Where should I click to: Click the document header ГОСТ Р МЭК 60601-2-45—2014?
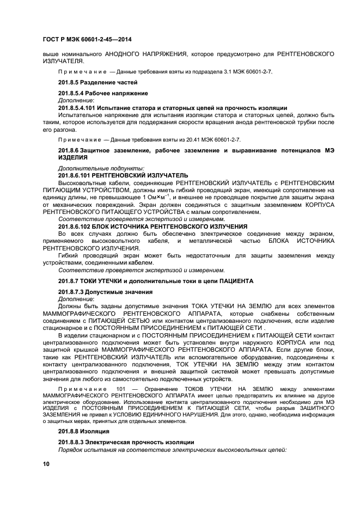coord(87,40)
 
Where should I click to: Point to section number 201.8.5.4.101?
coord(78,107)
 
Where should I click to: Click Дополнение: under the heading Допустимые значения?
coord(76,299)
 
